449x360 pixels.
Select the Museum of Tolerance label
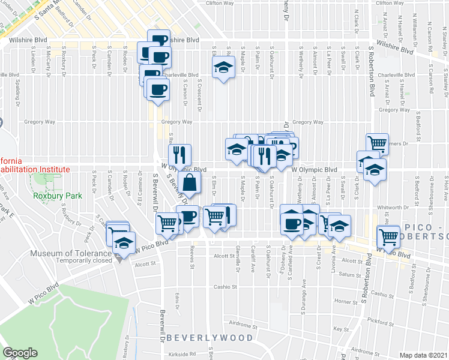64,253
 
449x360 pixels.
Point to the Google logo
20,353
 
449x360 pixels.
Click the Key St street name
341,329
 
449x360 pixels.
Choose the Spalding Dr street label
19,90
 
